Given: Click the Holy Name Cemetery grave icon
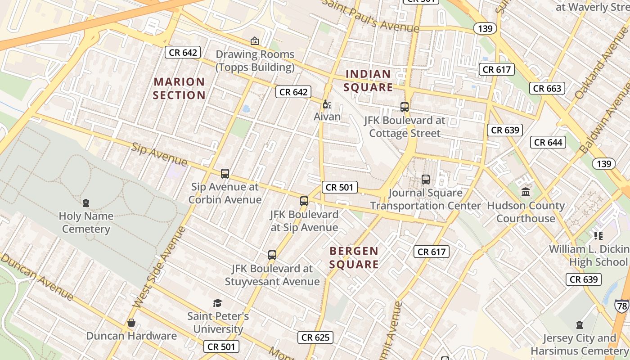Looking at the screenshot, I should coord(86,203).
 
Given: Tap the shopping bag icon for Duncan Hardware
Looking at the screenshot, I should coord(131,323).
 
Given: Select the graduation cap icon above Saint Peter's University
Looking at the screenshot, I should coord(218,303).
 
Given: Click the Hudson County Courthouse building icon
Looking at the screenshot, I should coord(526,193).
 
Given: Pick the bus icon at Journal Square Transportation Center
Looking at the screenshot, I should coord(426,180).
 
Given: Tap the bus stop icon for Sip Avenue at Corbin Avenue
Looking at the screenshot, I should coord(225,174).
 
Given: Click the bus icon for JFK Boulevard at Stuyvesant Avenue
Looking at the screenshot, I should coord(272,255).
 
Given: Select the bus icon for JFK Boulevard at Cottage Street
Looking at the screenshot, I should coord(405,107).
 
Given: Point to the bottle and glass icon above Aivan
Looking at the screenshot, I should coord(327,104).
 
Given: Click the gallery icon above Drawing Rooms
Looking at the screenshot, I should coord(255,41).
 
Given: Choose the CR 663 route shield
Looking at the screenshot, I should coord(547,88).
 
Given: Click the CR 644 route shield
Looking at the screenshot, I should coord(549,143).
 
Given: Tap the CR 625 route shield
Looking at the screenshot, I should coord(315,337).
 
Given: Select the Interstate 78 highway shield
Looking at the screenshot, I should coord(622,306).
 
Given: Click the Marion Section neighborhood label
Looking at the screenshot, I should coord(179,88).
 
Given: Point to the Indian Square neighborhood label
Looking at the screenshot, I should coord(369,81).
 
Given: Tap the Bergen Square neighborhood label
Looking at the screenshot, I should coord(354,257).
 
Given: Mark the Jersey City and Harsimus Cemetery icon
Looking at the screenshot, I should coord(579,325).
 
